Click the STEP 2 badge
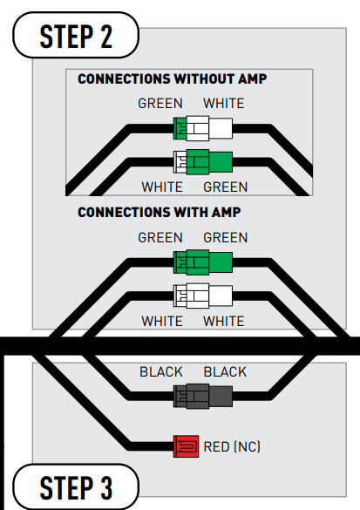click(76, 35)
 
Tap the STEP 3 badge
click(76, 487)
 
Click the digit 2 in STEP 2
click(106, 36)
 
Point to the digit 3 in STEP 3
click(106, 488)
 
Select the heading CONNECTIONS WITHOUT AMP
click(173, 79)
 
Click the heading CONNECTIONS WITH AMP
click(159, 213)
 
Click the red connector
click(186, 446)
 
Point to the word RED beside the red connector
click(216, 446)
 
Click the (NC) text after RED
click(248, 446)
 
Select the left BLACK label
click(161, 371)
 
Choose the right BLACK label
click(225, 371)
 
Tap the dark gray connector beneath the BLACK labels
click(203, 396)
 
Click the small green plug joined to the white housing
click(180, 128)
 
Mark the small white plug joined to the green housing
click(180, 161)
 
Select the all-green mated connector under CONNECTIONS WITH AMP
click(203, 262)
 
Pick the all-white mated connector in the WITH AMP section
click(203, 296)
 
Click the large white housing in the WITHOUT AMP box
click(209, 128)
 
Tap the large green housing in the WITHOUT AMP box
click(209, 162)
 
